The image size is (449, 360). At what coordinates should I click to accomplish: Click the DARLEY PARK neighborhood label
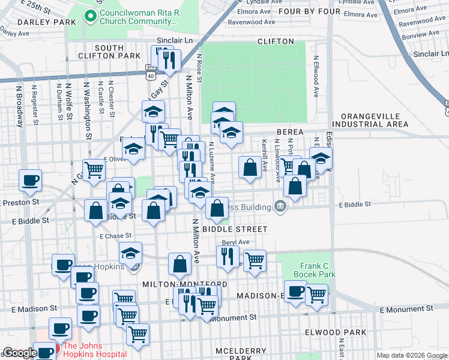37,22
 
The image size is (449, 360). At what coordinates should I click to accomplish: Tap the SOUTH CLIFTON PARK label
109,52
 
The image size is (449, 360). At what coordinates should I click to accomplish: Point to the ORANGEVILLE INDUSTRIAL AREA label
374,120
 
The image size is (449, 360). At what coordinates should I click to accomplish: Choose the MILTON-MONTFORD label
184,284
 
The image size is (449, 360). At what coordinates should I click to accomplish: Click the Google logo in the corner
20,353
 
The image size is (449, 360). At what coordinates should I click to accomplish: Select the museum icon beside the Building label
280,206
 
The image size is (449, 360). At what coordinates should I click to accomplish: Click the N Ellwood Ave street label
315,77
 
